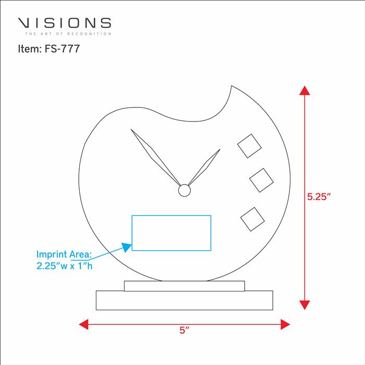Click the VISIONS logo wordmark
pyautogui.click(x=65, y=23)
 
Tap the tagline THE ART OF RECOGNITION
pyautogui.click(x=68, y=34)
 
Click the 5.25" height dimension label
pyautogui.click(x=319, y=197)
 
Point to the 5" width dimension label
pyautogui.click(x=185, y=330)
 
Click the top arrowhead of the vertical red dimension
pyautogui.click(x=305, y=90)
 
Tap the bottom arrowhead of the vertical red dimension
pyautogui.click(x=305, y=305)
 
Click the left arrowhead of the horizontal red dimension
pyautogui.click(x=83, y=324)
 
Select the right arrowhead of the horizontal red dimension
pyautogui.click(x=285, y=324)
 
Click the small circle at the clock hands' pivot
pyautogui.click(x=185, y=190)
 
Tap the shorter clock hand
pyautogui.click(x=204, y=167)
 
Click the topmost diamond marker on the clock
pyautogui.click(x=249, y=146)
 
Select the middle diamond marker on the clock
pyautogui.click(x=261, y=180)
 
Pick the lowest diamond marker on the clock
pyautogui.click(x=252, y=220)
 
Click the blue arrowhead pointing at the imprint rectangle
pyautogui.click(x=127, y=247)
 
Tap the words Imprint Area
pyautogui.click(x=64, y=254)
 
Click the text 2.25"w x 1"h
pyautogui.click(x=64, y=265)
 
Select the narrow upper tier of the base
pyautogui.click(x=185, y=286)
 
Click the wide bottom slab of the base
pyautogui.click(x=185, y=300)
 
